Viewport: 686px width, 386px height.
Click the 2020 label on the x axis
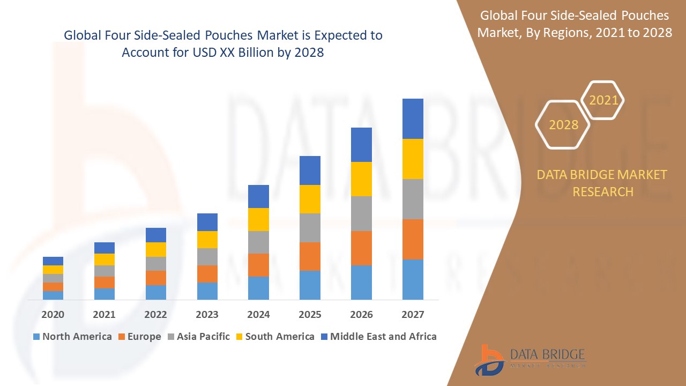[x=53, y=315]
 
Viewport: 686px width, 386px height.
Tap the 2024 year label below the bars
[x=258, y=315]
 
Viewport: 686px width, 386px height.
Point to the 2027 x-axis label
[x=413, y=315]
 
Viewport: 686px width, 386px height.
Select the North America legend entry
[x=72, y=337]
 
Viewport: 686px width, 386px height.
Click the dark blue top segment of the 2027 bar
[x=413, y=118]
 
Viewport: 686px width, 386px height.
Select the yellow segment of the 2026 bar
[x=361, y=179]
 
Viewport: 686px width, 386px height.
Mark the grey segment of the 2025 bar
[x=310, y=228]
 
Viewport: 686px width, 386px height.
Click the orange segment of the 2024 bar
[x=258, y=265]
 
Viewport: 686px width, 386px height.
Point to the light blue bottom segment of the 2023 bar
[x=207, y=291]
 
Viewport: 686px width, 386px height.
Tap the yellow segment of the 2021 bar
[x=104, y=259]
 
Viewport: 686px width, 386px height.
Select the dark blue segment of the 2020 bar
[x=53, y=261]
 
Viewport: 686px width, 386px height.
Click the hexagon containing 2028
[x=563, y=124]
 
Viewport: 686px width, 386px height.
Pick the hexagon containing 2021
[x=603, y=100]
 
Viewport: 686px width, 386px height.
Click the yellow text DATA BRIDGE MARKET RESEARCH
[x=602, y=183]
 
